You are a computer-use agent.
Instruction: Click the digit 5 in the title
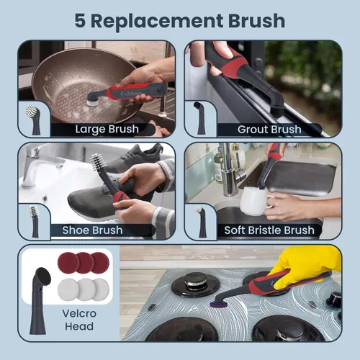coord(80,21)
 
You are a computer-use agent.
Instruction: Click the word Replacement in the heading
coord(157,21)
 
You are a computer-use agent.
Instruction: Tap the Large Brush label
coord(107,129)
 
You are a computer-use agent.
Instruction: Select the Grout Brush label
coord(269,130)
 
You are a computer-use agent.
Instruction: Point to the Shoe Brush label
coord(92,230)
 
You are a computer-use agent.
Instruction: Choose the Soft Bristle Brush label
coord(269,230)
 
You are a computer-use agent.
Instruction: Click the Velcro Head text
coord(79,320)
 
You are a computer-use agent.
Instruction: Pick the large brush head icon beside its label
coord(34,120)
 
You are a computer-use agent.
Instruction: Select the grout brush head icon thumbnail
coord(200,117)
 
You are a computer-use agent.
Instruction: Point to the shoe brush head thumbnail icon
coord(34,221)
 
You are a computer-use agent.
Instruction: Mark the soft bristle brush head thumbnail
coord(200,221)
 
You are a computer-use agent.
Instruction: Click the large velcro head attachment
coord(40,301)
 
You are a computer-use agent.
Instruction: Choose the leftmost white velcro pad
coord(68,289)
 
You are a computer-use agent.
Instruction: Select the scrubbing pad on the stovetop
coord(219,305)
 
